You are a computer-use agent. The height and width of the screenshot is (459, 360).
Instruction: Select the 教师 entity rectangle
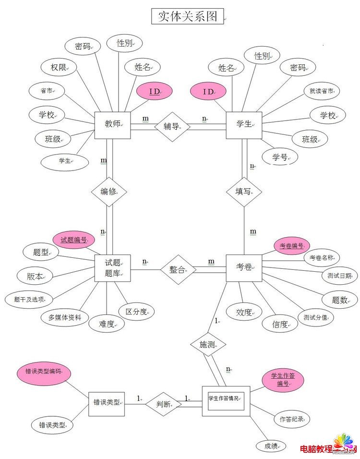[x=112, y=125]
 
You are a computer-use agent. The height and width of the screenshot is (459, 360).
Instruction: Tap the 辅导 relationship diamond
[x=171, y=126]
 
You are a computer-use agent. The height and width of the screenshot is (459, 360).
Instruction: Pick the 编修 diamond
[x=108, y=192]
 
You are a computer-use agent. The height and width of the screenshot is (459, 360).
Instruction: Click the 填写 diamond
[x=244, y=192]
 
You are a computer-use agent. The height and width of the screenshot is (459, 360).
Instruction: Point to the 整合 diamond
[x=178, y=269]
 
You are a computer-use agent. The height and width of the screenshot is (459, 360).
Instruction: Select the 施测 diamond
[x=207, y=344]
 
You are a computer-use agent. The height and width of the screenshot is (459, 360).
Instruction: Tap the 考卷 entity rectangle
[x=244, y=267]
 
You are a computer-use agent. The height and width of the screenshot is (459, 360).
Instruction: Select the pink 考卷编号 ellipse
[x=292, y=246]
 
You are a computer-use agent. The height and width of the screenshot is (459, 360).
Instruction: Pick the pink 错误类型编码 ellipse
[x=43, y=371]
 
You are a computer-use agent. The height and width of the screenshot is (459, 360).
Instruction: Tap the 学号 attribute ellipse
[x=279, y=157]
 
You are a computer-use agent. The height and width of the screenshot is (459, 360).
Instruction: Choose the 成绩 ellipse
[x=271, y=446]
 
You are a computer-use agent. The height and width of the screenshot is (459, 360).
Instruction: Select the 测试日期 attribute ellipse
[x=339, y=276]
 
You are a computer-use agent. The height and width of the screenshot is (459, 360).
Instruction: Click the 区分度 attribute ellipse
[x=137, y=312]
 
